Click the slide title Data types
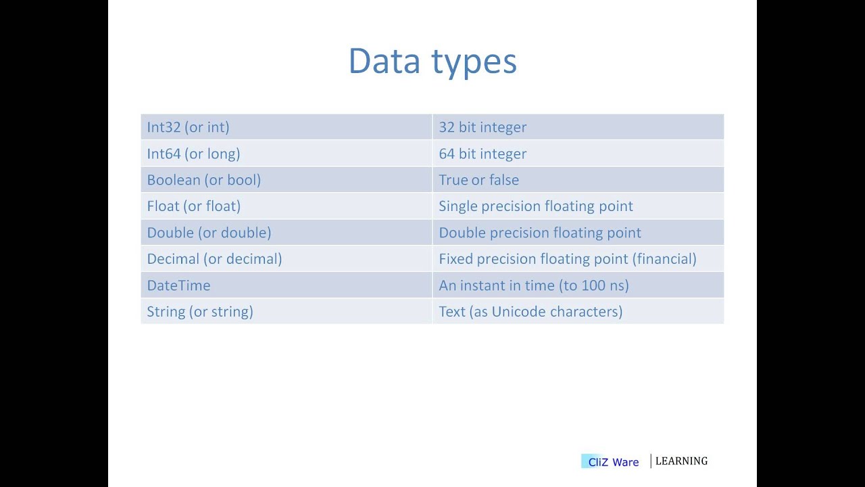pyautogui.click(x=432, y=61)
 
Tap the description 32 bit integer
pyautogui.click(x=483, y=127)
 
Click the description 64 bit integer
pyautogui.click(x=483, y=154)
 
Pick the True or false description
pyautogui.click(x=478, y=180)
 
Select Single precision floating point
pyautogui.click(x=535, y=206)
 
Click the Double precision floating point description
pyautogui.click(x=539, y=233)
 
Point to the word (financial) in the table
pyautogui.click(x=664, y=259)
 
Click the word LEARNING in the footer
pyautogui.click(x=681, y=461)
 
